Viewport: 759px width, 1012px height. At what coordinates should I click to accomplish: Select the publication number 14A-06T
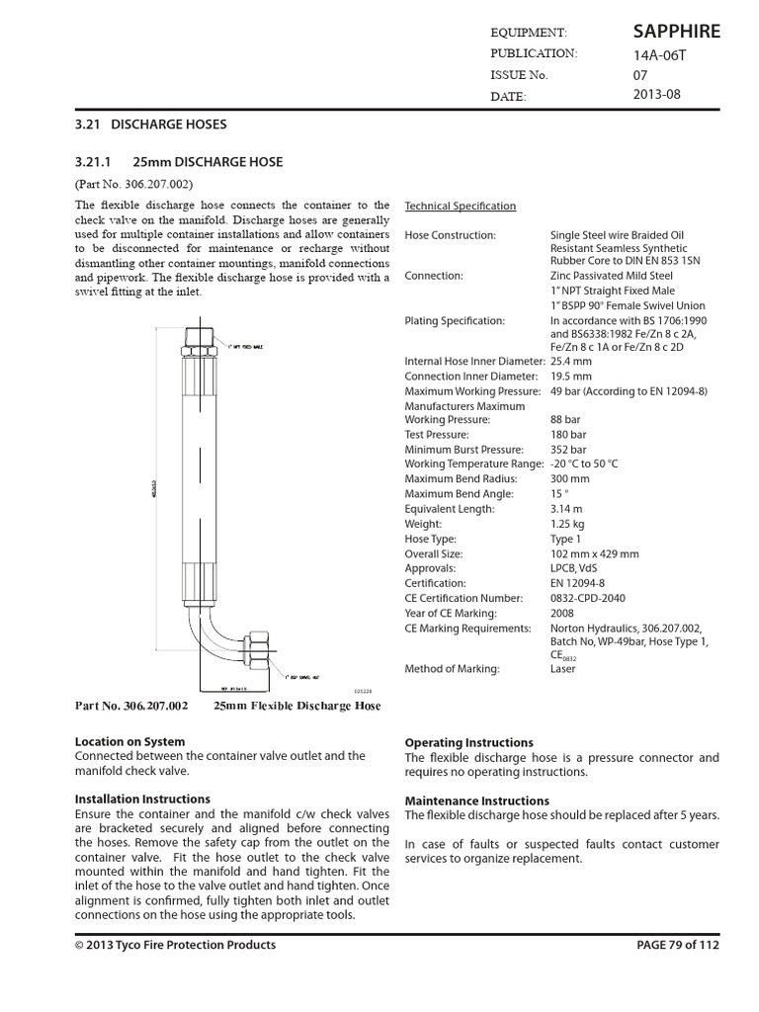tap(659, 55)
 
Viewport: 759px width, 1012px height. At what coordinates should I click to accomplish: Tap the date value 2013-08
tap(657, 95)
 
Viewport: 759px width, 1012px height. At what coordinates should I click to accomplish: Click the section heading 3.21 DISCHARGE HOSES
tap(151, 125)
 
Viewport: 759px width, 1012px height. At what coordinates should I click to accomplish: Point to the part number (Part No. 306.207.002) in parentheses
tap(133, 184)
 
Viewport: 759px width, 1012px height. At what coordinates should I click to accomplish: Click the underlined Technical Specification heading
tap(461, 206)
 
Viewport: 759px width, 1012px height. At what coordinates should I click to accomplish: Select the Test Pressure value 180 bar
tap(568, 434)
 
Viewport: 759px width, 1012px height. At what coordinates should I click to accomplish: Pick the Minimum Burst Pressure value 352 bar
tap(568, 449)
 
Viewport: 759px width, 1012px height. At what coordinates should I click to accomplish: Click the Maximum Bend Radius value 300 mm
tap(570, 478)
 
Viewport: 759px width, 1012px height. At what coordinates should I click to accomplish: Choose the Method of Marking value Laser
tap(563, 669)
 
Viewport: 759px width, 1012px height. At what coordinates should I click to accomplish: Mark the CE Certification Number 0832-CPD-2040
tap(587, 598)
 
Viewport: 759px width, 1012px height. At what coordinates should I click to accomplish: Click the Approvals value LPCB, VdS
tap(574, 568)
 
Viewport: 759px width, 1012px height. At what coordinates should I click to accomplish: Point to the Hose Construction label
tap(451, 235)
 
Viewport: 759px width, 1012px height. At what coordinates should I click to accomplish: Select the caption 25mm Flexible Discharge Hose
tap(296, 707)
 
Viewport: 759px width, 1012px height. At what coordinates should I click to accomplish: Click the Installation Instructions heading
tap(142, 799)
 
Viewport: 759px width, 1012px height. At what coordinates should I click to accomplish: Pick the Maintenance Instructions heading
tap(477, 801)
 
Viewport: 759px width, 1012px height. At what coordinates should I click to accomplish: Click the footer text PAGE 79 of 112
tap(677, 945)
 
